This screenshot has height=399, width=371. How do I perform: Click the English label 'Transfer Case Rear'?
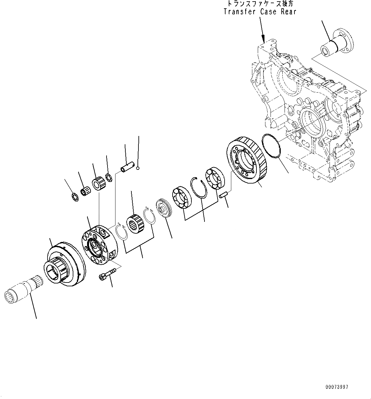(x=260, y=12)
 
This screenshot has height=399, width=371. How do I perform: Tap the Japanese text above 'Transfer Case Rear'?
(x=260, y=4)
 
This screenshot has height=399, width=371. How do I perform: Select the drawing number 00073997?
(x=337, y=387)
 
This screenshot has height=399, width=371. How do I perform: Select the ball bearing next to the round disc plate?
(x=182, y=198)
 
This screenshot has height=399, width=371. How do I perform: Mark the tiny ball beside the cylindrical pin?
(x=137, y=168)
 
